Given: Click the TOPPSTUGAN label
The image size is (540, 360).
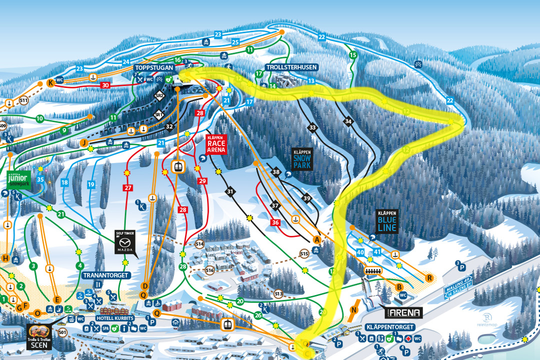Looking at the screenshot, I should (x=153, y=67).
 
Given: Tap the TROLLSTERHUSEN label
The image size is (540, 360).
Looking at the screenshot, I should (x=285, y=67).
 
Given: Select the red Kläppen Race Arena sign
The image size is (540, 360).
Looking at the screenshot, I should (x=216, y=143).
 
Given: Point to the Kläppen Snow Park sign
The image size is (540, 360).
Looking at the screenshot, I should (x=302, y=159).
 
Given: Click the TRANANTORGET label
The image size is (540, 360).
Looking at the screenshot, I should (x=106, y=275).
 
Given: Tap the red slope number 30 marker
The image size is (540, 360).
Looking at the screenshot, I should (x=105, y=85).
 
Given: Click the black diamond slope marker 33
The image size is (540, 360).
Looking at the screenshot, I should (x=313, y=128).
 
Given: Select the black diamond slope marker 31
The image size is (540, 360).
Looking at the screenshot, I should (x=230, y=191).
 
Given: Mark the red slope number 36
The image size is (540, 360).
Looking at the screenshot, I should (x=274, y=222).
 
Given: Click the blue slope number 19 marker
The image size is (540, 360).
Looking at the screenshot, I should (x=90, y=184).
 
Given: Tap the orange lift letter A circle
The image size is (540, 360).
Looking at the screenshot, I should (x=316, y=239).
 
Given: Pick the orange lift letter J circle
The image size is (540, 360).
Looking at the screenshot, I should (x=83, y=142).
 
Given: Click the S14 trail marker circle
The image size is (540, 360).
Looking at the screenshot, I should (x=199, y=244).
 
